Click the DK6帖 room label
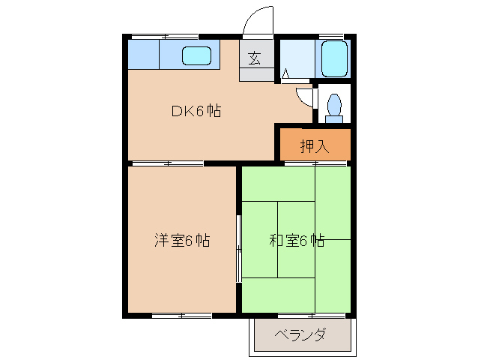(196, 112)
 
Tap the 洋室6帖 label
(182, 241)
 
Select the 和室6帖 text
(297, 241)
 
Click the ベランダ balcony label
(300, 335)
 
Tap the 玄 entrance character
(255, 58)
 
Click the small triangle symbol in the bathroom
(285, 74)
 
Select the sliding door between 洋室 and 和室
(238, 248)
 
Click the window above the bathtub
(330, 35)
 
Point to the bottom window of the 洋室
(181, 316)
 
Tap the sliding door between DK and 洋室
(166, 163)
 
